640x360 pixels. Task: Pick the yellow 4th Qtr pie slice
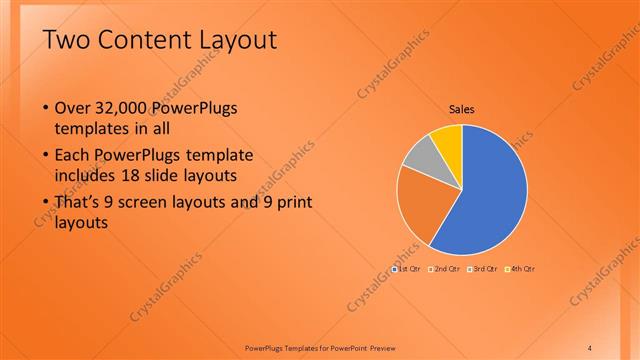(447, 140)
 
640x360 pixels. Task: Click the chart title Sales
(461, 109)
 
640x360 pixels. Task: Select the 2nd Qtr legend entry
(446, 269)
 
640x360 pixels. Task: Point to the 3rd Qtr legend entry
(485, 269)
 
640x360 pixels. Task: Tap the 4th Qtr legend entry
(522, 269)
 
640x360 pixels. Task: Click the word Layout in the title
(243, 40)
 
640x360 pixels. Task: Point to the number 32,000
(124, 108)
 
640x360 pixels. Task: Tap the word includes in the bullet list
(87, 177)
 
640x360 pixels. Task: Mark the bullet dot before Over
(45, 108)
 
